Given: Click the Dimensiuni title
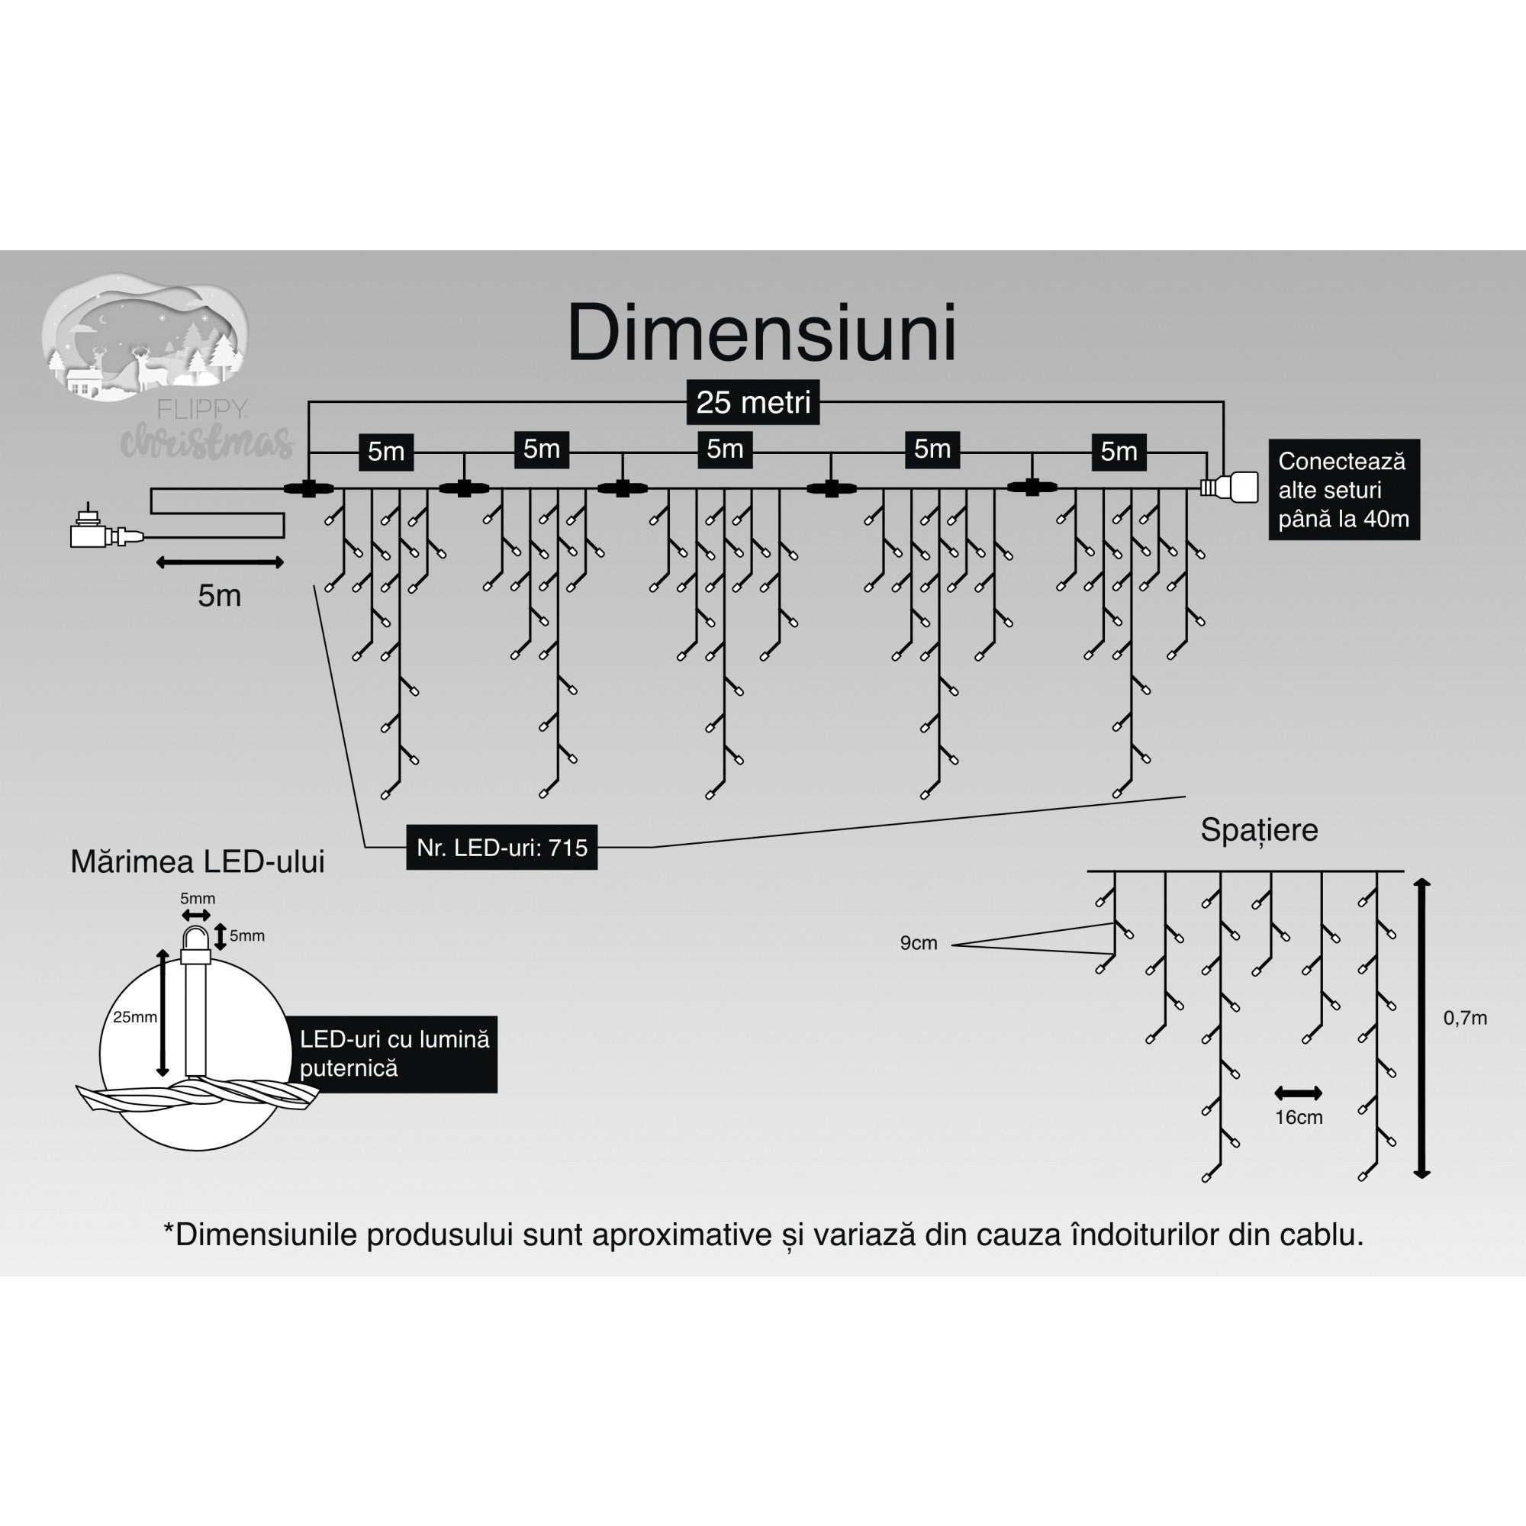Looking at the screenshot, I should tap(761, 333).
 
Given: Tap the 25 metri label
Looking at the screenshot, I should tap(753, 403).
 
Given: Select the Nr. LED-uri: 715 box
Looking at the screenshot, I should tap(501, 848).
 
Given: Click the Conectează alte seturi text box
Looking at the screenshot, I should tap(1344, 490).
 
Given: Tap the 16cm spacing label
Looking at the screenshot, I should tap(1299, 1117).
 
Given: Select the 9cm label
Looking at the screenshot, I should tap(918, 943).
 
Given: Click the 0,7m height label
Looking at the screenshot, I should tap(1465, 1018).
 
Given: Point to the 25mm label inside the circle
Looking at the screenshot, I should tap(134, 1016).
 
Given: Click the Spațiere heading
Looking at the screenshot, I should tap(1259, 830).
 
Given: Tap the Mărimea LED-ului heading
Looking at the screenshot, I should tap(198, 861).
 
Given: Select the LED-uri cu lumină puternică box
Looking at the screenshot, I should tap(394, 1054).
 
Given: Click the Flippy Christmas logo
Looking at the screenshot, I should tap(158, 363).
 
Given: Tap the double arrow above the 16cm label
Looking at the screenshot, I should tap(1298, 1093).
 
